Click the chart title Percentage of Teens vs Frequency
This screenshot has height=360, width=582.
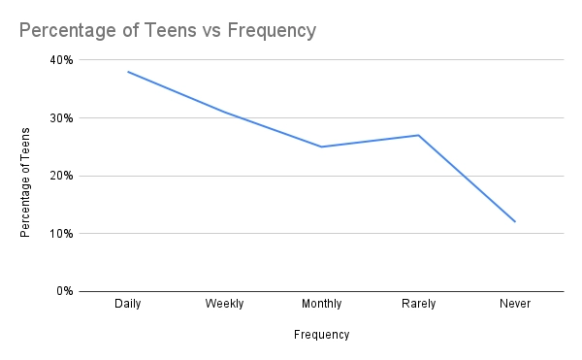[x=168, y=31]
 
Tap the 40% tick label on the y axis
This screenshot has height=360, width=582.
[x=60, y=60]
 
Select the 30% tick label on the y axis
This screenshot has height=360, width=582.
[x=60, y=118]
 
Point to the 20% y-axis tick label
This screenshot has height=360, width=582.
[x=60, y=176]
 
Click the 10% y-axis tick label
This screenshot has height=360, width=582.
[x=60, y=234]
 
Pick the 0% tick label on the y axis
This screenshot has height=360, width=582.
[x=63, y=291]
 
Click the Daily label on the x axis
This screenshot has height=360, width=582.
[x=128, y=304]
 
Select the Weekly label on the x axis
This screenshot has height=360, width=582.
[x=224, y=304]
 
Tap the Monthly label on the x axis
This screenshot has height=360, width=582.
[x=321, y=304]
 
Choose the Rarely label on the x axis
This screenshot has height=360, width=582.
[x=418, y=304]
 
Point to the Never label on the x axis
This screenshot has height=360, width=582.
[x=515, y=304]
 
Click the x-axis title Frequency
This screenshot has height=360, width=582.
[x=321, y=335]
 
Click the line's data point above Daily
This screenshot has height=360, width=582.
[x=128, y=72]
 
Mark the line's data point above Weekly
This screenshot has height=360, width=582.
[x=224, y=112]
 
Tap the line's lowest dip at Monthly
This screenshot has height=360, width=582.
[x=321, y=147]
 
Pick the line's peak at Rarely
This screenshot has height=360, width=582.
[x=418, y=135]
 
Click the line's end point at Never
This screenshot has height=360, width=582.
[x=515, y=222]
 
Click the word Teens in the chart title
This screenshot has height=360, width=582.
[x=177, y=31]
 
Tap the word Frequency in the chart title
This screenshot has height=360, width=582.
[x=272, y=31]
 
